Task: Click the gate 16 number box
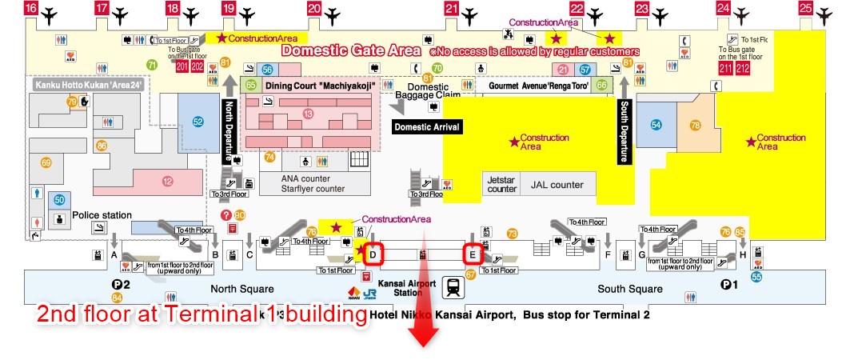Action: tap(30, 9)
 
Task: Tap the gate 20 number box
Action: tap(313, 9)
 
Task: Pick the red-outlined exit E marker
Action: tap(473, 254)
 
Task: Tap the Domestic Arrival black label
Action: tap(426, 126)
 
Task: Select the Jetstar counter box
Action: tap(501, 184)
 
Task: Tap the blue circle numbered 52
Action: tap(198, 122)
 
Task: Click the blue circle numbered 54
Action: tap(656, 125)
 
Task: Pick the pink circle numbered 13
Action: tap(308, 114)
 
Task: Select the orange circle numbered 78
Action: tap(695, 125)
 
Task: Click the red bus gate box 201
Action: tap(180, 66)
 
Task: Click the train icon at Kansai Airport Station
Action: tap(453, 286)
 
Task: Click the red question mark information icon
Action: tap(226, 215)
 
